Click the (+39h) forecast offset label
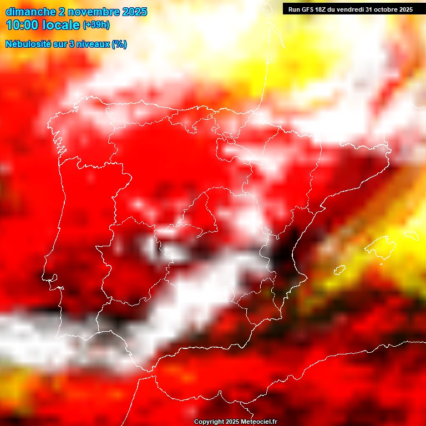click(96, 25)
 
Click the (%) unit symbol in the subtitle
click(119, 44)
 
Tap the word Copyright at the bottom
click(209, 422)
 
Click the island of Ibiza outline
click(339, 270)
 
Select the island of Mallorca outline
click(383, 244)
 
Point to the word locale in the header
click(60, 25)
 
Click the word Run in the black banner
click(294, 9)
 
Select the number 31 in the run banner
click(369, 9)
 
